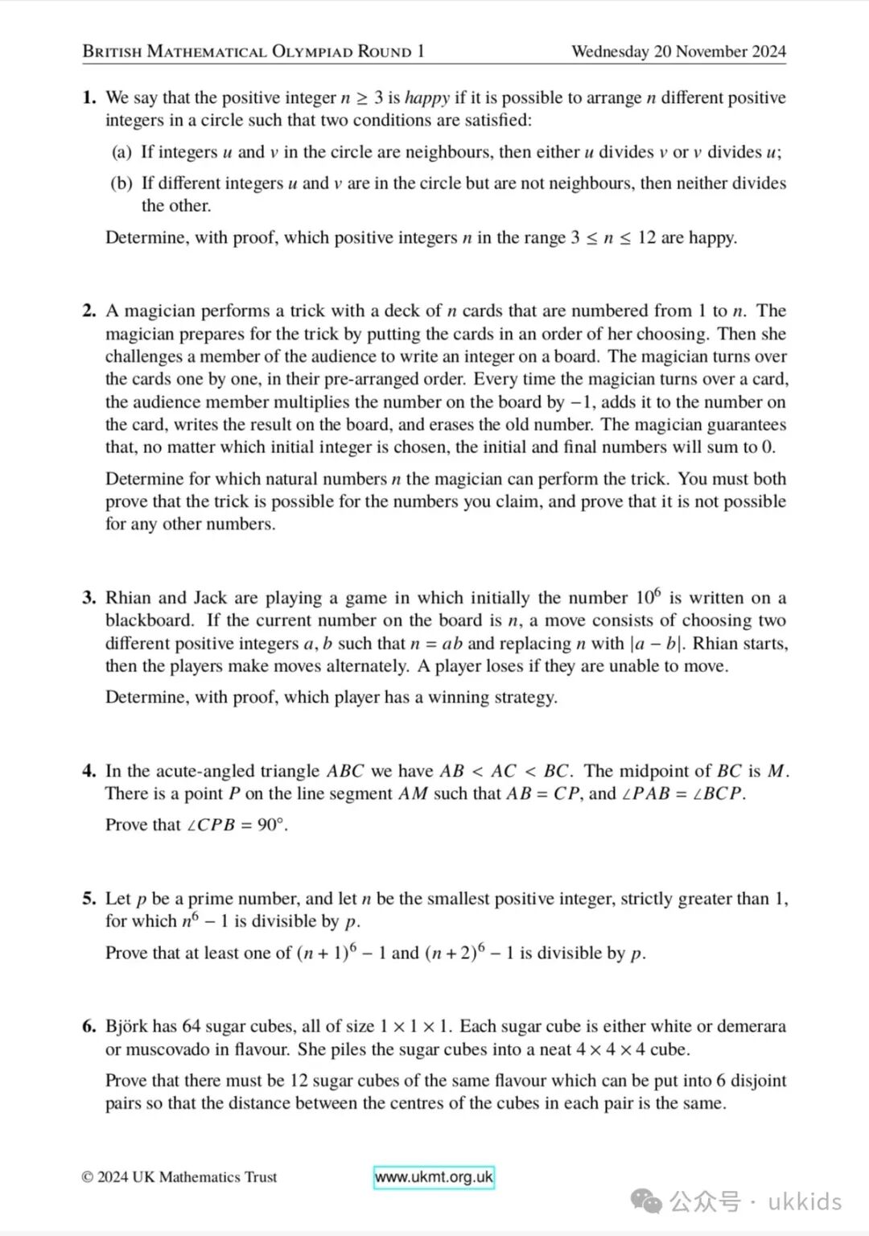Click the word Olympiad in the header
(x=312, y=52)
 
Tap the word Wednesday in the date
(x=610, y=51)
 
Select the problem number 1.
(x=89, y=98)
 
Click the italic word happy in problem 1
(x=426, y=98)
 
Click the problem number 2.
(x=89, y=311)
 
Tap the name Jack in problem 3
(x=211, y=598)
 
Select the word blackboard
(x=148, y=620)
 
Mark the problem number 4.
(x=89, y=771)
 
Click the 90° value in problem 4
(x=272, y=825)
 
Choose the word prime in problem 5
(x=211, y=899)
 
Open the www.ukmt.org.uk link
(x=434, y=1177)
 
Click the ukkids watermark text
(x=805, y=1202)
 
